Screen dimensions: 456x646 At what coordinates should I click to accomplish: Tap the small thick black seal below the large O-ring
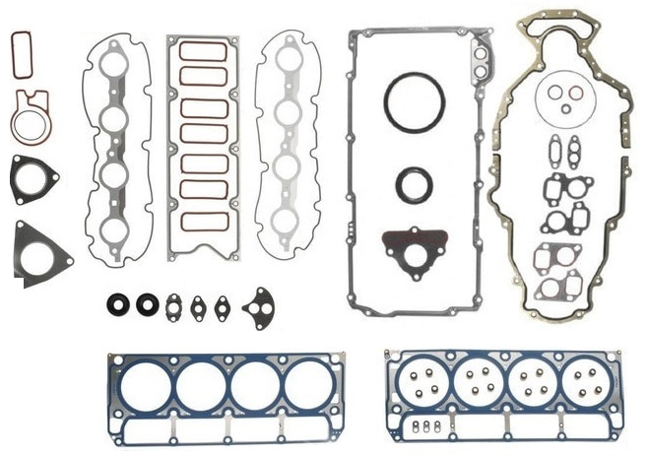point(413,183)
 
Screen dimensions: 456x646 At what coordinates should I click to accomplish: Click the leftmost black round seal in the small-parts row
point(117,304)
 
